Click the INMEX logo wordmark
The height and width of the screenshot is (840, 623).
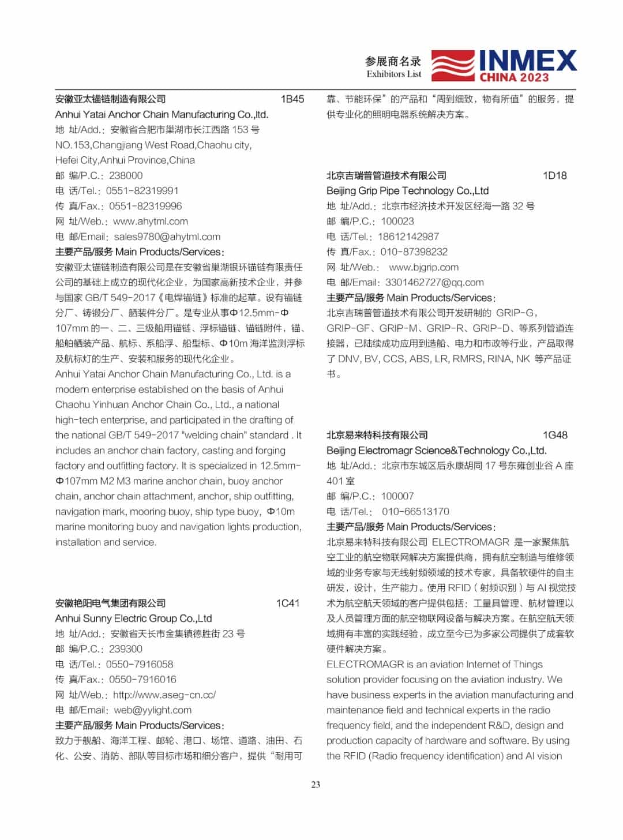tap(527, 61)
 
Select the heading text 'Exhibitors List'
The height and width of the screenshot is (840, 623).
tap(393, 74)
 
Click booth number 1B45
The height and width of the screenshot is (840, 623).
tap(292, 99)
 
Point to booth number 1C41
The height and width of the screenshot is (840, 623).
tap(288, 603)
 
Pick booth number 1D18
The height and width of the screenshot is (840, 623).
tap(555, 176)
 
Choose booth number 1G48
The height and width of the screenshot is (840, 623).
tap(555, 436)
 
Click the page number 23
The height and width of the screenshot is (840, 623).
tap(316, 785)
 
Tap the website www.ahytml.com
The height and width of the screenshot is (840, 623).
tap(151, 222)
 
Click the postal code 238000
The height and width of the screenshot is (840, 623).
tap(126, 176)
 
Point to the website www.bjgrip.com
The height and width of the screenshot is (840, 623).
tap(424, 268)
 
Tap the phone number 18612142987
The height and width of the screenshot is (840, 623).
tap(408, 237)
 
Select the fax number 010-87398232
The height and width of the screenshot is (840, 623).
tap(414, 252)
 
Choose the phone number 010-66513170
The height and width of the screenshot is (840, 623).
tap(415, 512)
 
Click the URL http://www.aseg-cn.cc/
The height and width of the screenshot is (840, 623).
tap(164, 695)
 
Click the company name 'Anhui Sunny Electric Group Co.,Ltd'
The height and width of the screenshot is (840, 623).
tap(134, 618)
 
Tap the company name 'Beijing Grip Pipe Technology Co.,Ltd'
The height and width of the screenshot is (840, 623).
tap(407, 191)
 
